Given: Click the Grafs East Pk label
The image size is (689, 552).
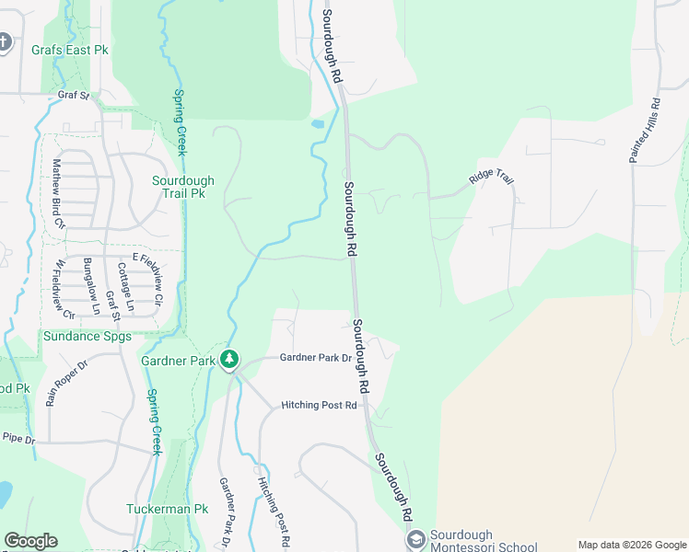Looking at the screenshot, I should point(69,50).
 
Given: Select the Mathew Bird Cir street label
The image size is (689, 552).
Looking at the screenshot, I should point(58,193).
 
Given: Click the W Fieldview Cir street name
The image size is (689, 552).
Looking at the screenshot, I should point(60,286).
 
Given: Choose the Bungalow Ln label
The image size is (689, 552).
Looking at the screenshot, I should point(89,286).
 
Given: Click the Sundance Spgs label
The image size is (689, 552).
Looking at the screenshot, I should point(88,337).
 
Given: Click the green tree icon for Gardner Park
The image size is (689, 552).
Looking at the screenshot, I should point(229,360).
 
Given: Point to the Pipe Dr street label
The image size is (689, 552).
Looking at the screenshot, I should point(18,440).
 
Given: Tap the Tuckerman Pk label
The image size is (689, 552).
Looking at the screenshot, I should point(168,509).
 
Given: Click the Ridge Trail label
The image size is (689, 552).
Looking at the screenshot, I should point(490,176).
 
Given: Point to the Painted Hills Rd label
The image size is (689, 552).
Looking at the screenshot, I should point(645,132).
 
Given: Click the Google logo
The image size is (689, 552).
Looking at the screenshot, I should point(30,541).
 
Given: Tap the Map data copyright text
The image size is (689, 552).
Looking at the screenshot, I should point(632,545).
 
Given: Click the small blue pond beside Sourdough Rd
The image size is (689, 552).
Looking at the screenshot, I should point(319,122).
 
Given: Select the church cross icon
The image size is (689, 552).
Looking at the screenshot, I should point(5,42).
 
